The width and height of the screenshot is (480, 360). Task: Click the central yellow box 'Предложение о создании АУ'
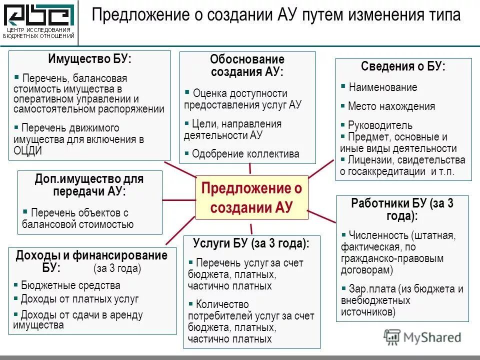pyautogui.click(x=251, y=197)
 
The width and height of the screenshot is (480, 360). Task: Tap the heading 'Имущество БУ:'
pyautogui.click(x=90, y=58)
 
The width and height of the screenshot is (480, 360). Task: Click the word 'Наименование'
pyautogui.click(x=383, y=87)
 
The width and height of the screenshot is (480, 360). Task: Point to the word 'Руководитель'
pyautogui.click(x=380, y=125)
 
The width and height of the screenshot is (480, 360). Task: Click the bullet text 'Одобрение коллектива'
pyautogui.click(x=245, y=154)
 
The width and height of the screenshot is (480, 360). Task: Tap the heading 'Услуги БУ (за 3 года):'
pyautogui.click(x=251, y=243)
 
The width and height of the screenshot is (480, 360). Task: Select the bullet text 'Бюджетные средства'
pyautogui.click(x=70, y=285)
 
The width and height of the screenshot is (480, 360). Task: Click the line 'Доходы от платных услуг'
pyautogui.click(x=79, y=299)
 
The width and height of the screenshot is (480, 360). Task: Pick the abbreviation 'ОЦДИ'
pyautogui.click(x=28, y=150)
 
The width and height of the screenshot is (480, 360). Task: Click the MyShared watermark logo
pyautogui.click(x=422, y=337)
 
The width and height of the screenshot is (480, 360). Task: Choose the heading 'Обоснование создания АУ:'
pyautogui.click(x=247, y=65)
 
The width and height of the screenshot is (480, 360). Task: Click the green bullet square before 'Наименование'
pyautogui.click(x=343, y=86)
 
